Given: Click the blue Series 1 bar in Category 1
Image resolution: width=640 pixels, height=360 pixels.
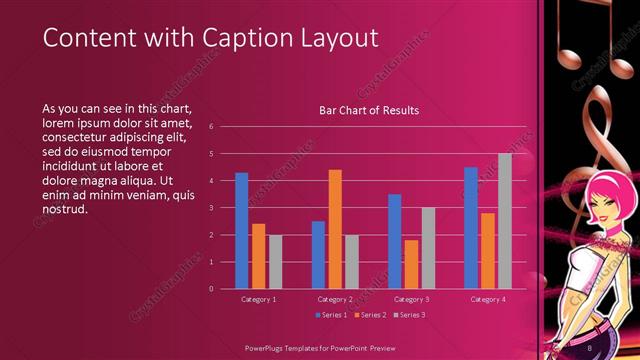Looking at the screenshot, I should [241, 230].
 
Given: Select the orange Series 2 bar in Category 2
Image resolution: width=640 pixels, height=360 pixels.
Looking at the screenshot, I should [335, 229].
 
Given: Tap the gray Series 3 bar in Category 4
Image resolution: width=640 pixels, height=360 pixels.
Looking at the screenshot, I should [505, 221].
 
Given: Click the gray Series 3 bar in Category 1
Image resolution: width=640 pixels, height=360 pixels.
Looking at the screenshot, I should [275, 261].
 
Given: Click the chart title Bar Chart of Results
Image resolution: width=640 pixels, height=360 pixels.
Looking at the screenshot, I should [369, 110].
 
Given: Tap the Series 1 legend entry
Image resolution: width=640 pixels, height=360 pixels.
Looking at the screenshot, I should [332, 315].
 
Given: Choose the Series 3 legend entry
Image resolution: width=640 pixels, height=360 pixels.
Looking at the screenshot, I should [410, 315].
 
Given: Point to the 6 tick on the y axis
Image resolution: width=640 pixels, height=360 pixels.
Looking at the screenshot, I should [211, 127].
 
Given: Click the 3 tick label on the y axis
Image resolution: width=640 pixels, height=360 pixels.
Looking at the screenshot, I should [211, 208].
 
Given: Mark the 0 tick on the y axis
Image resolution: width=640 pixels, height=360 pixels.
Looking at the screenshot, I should [211, 289].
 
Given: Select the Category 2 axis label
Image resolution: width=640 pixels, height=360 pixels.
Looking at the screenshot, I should [335, 299].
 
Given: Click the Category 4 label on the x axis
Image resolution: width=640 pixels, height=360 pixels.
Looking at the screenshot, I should [488, 299].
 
